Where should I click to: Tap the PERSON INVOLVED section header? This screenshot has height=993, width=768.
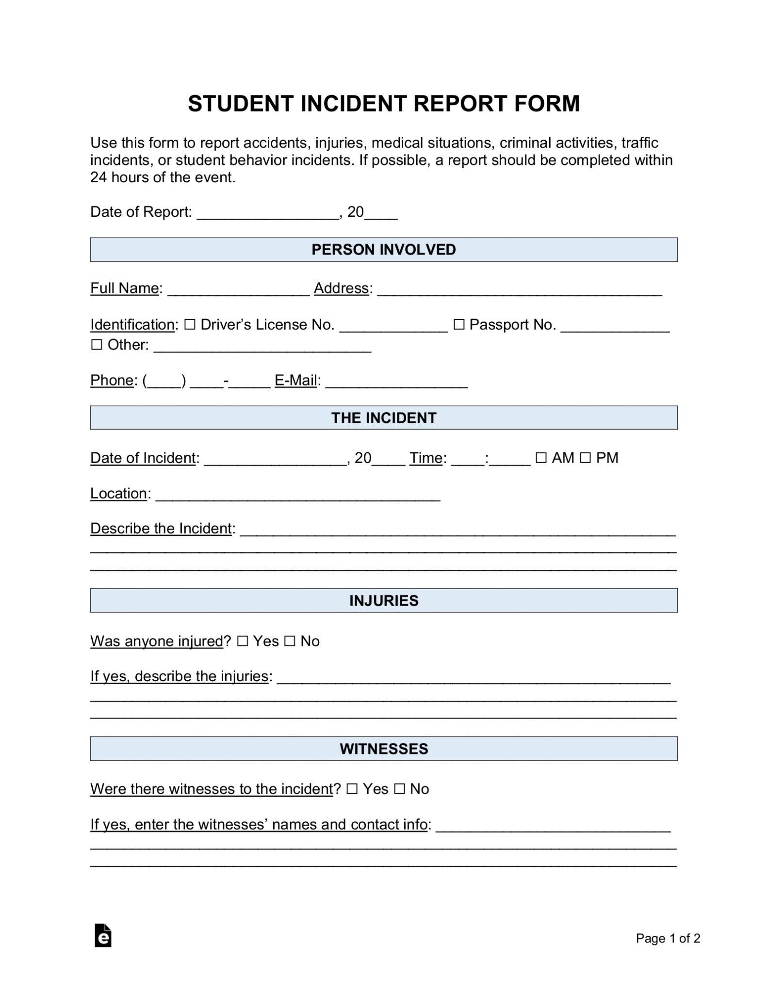[383, 250]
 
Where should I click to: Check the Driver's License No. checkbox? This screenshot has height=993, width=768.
[190, 324]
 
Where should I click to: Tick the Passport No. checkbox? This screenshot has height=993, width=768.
[458, 324]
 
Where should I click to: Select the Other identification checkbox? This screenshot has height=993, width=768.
[97, 345]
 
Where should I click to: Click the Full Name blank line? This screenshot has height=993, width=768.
[238, 290]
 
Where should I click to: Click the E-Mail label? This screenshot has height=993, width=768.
[296, 381]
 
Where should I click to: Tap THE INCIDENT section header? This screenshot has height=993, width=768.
[383, 418]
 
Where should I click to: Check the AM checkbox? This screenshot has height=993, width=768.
[541, 458]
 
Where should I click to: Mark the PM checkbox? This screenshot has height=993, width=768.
[586, 458]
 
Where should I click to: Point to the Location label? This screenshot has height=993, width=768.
[119, 494]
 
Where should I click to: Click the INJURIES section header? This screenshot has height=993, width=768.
[383, 601]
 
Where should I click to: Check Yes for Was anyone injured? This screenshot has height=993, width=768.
[242, 641]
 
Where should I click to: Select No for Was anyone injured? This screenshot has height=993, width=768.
[290, 641]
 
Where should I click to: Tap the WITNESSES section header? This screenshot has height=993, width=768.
[383, 749]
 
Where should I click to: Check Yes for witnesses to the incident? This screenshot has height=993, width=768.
[352, 789]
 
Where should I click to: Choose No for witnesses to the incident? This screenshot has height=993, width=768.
[399, 789]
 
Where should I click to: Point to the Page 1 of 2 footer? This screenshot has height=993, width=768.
[668, 938]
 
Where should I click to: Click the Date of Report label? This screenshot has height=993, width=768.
[141, 212]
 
